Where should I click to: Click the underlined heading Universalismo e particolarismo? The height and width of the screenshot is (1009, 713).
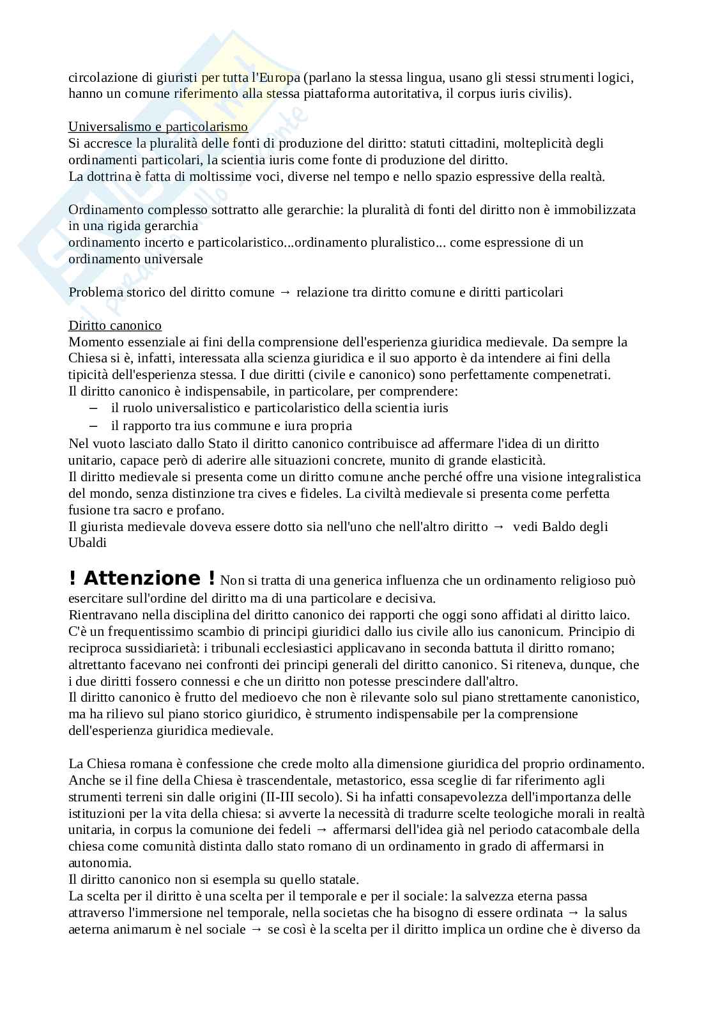tap(158, 127)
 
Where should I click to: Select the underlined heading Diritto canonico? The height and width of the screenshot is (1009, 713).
tap(115, 325)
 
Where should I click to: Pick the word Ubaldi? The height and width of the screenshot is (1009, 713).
tap(88, 543)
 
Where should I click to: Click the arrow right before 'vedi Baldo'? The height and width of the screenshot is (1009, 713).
tap(499, 527)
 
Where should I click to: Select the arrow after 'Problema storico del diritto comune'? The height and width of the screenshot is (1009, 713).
tap(285, 292)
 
